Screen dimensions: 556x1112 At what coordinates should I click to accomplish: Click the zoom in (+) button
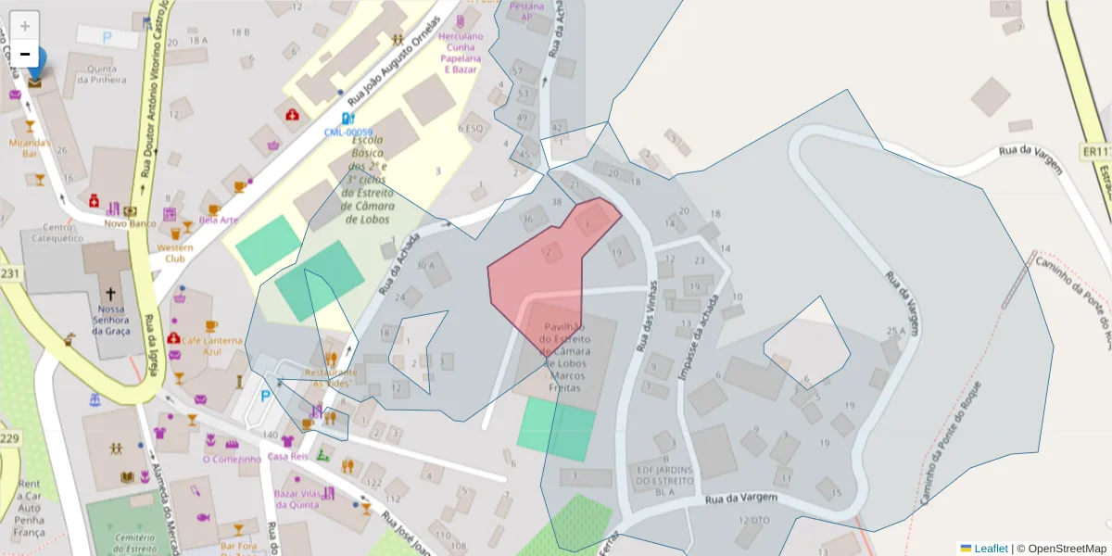pyautogui.click(x=25, y=25)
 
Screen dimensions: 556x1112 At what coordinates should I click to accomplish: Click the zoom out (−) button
pyautogui.click(x=25, y=54)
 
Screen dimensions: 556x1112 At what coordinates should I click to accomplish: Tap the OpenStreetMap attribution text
pyautogui.click(x=1067, y=549)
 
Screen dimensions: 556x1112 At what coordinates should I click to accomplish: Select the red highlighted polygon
pyautogui.click(x=542, y=269)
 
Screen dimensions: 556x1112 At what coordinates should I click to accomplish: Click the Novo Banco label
pyautogui.click(x=129, y=223)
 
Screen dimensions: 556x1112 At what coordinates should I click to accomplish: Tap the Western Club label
pyautogui.click(x=174, y=253)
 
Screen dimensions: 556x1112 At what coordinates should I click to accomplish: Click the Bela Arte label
pyautogui.click(x=219, y=221)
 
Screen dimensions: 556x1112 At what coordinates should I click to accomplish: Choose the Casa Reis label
pyautogui.click(x=286, y=456)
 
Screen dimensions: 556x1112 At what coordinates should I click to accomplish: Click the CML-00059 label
pyautogui.click(x=348, y=133)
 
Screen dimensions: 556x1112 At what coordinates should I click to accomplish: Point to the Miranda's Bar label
pyautogui.click(x=29, y=148)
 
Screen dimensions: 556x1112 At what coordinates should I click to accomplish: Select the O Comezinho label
pyautogui.click(x=233, y=459)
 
